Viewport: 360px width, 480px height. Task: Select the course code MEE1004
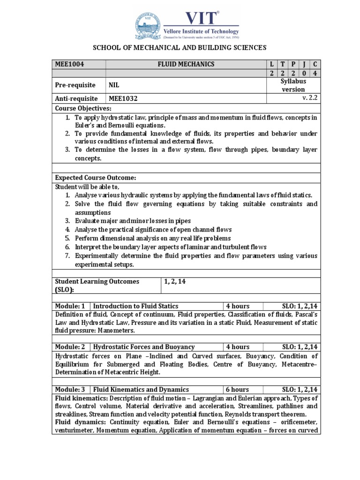69,64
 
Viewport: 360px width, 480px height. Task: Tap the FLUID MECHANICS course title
186,64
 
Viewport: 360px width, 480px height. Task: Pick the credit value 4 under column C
315,73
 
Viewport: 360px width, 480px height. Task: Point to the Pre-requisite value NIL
114,85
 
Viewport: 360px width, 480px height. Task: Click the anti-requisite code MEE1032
123,99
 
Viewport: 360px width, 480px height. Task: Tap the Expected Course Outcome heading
96,178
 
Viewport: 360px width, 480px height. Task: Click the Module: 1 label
70,306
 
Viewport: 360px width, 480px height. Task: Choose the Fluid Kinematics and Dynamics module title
141,390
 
